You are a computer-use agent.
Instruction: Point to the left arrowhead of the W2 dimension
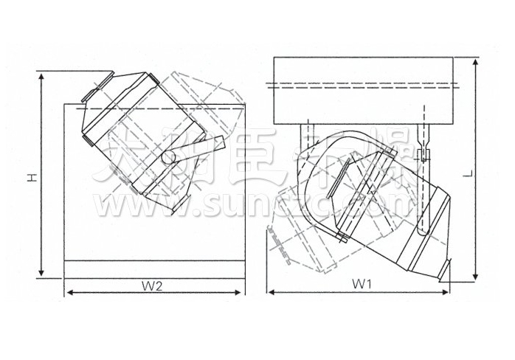pyautogui.click(x=69, y=293)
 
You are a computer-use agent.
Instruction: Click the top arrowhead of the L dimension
pyautogui.click(x=476, y=60)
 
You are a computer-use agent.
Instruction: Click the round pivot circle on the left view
pyautogui.click(x=169, y=156)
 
